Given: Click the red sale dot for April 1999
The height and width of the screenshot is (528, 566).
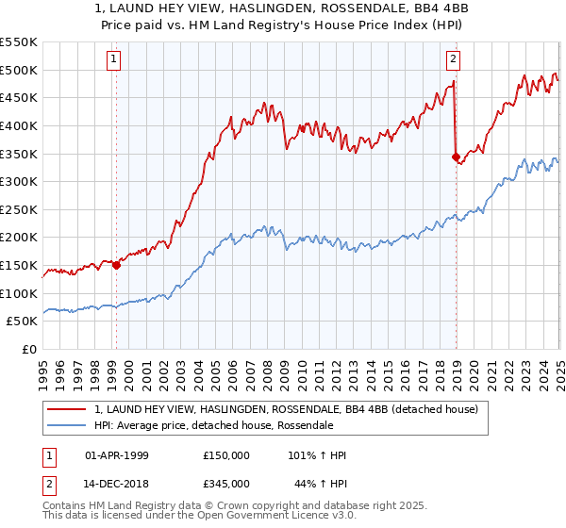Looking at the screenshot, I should coord(116,265).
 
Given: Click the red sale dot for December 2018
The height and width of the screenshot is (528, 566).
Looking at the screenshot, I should coord(456,157).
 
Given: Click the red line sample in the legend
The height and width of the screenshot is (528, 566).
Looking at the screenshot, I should coord(68,409).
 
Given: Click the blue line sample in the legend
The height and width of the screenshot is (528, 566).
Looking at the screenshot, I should coord(68,425).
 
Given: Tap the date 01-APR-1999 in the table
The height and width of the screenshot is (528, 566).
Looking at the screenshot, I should coord(117,455).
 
